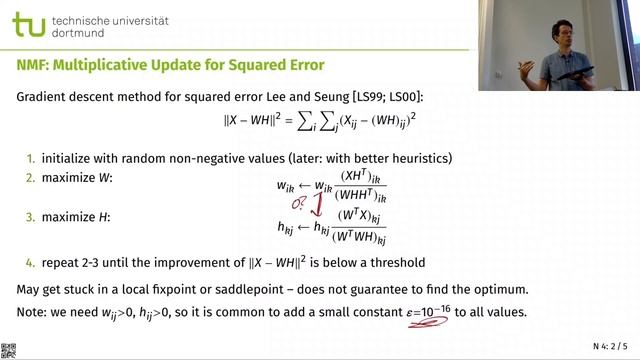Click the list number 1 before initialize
click(30, 159)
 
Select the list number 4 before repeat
click(30, 263)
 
